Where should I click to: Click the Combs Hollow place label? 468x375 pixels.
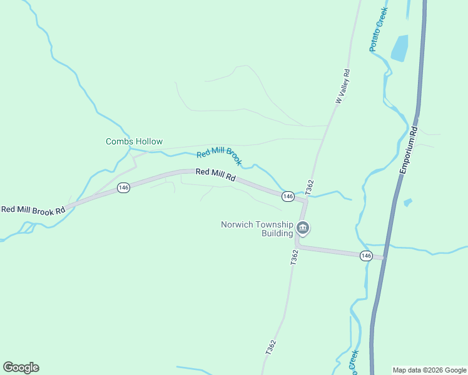[x=134, y=142]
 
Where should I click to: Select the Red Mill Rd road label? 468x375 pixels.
[x=215, y=176]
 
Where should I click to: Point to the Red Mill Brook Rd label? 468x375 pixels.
[x=33, y=210]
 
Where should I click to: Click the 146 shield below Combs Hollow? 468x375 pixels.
[x=123, y=187]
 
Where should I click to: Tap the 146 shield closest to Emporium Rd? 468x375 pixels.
[x=367, y=256]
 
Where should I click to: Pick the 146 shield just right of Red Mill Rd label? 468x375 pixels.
[x=288, y=196]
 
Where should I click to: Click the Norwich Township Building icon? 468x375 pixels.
[x=303, y=229]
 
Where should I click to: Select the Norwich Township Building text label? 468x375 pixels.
[x=257, y=229]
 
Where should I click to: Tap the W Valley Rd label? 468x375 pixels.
[x=342, y=86]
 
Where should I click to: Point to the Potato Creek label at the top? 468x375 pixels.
[x=378, y=29]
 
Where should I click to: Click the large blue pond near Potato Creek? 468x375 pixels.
[x=399, y=47]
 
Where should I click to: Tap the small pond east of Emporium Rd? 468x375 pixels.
[x=408, y=202]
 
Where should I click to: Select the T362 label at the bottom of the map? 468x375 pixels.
[x=270, y=348]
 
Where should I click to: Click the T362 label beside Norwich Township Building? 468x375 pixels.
[x=294, y=257]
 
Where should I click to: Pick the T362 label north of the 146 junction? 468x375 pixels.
[x=309, y=186]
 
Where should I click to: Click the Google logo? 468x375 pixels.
[x=21, y=367]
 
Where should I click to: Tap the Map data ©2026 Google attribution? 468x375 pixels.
[x=430, y=370]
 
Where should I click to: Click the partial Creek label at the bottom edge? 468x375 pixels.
[x=354, y=362]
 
